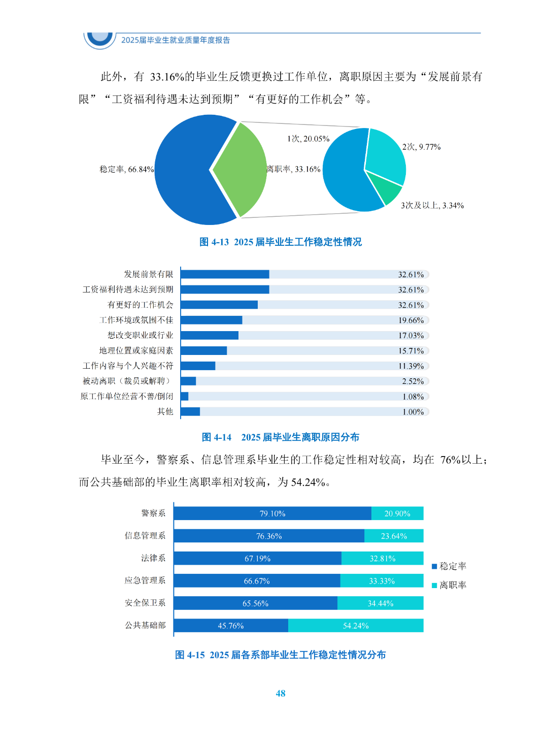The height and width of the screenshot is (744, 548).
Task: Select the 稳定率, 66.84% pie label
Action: click(x=126, y=169)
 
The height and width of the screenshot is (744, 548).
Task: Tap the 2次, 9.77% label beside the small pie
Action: click(x=421, y=147)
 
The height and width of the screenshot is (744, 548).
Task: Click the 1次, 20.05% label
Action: click(x=308, y=139)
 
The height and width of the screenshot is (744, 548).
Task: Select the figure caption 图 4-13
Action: click(x=280, y=242)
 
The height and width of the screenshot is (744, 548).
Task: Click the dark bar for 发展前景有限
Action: click(x=225, y=274)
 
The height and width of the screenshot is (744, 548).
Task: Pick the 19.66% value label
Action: click(x=410, y=320)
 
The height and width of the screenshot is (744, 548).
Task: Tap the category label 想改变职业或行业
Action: click(x=140, y=335)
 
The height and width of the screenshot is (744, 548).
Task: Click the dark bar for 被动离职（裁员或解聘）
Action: click(x=188, y=381)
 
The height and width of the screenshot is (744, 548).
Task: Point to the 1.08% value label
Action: click(x=413, y=397)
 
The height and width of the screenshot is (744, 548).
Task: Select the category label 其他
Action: click(x=165, y=411)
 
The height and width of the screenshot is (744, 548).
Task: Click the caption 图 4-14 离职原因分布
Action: click(x=280, y=437)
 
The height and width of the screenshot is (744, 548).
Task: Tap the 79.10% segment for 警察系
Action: click(x=272, y=513)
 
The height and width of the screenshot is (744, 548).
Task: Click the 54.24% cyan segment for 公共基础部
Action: click(x=356, y=626)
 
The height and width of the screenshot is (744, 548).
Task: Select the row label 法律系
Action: click(x=153, y=558)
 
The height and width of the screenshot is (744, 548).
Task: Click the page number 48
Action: click(x=280, y=693)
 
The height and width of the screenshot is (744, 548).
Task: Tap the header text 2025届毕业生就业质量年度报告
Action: click(x=176, y=40)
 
